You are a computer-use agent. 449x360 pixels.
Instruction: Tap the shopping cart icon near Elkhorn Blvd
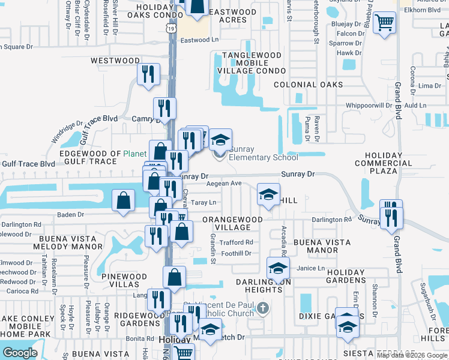(x=384, y=23)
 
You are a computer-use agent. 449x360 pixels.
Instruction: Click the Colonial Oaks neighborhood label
(x=308, y=85)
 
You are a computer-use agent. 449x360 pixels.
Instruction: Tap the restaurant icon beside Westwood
(x=148, y=74)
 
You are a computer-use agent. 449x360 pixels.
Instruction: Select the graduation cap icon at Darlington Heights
(x=278, y=268)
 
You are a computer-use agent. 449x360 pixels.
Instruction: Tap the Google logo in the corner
(x=20, y=353)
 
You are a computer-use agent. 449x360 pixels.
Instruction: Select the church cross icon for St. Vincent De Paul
(x=262, y=308)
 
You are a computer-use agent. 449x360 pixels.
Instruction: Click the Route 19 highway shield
(x=172, y=28)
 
